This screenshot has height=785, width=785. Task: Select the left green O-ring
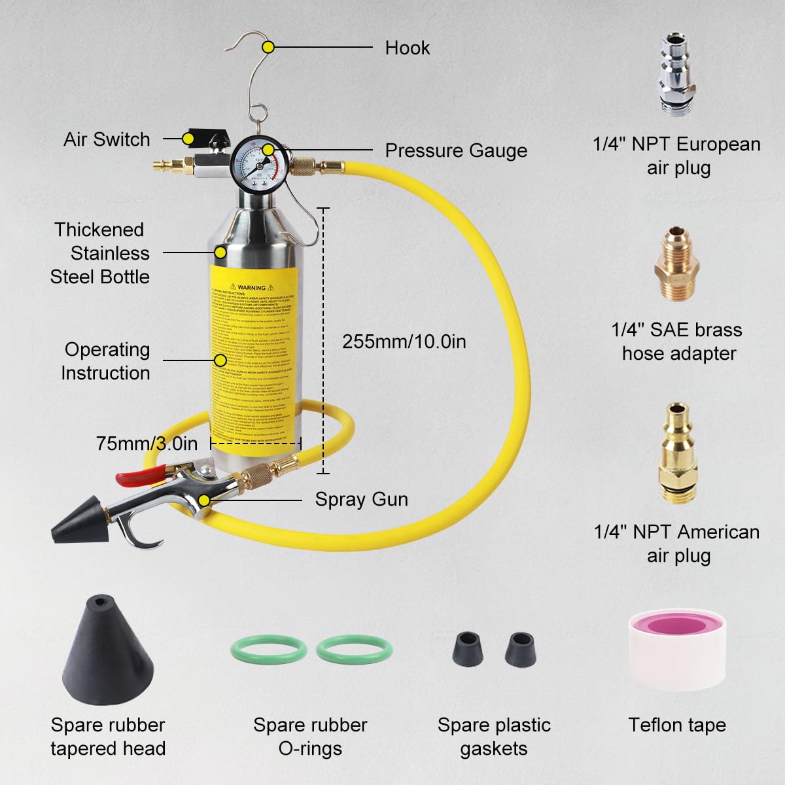tap(269, 649)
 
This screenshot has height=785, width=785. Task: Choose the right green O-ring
tap(355, 649)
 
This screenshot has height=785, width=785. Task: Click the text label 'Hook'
tap(407, 48)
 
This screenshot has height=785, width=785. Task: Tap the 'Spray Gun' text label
tap(361, 499)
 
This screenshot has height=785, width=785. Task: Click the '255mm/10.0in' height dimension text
tap(404, 341)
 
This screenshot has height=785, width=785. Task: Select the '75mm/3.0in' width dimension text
tap(147, 443)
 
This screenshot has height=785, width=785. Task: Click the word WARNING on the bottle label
tap(252, 287)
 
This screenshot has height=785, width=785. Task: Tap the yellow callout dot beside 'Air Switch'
tap(188, 139)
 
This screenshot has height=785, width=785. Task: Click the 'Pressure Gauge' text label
tap(455, 150)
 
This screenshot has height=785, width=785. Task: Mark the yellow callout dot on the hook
tap(268, 47)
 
